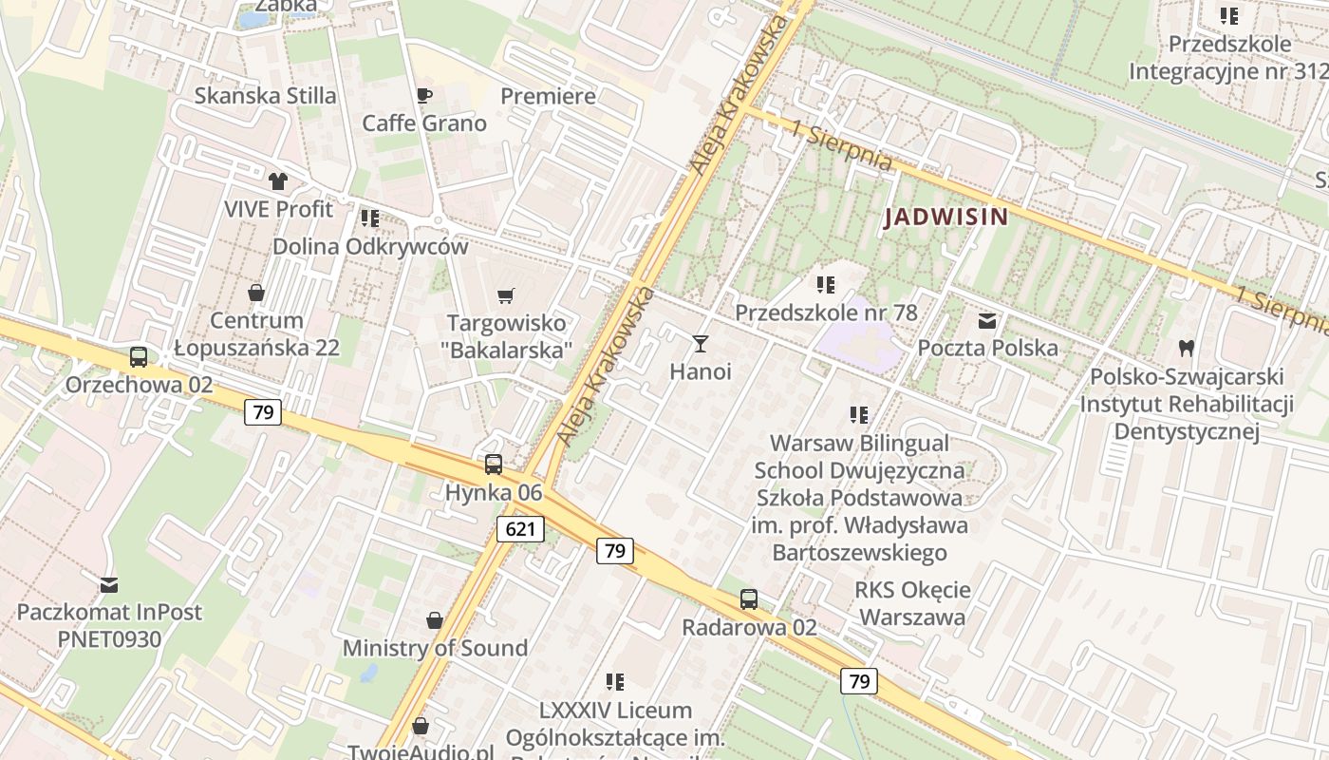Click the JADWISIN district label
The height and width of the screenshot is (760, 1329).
click(945, 218)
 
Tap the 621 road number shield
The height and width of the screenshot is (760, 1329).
click(520, 529)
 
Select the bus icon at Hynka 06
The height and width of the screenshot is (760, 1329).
click(494, 465)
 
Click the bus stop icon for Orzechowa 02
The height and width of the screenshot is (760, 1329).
click(139, 357)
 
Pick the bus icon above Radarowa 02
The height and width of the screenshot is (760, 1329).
click(749, 599)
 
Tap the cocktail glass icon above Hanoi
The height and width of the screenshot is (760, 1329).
click(701, 343)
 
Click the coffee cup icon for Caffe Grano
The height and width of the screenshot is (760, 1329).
click(424, 95)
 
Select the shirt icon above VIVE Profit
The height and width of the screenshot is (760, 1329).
click(277, 180)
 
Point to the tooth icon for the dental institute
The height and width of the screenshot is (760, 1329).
click(1186, 349)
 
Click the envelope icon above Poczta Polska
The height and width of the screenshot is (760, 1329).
click(987, 321)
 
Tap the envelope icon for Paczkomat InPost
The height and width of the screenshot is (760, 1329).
click(109, 584)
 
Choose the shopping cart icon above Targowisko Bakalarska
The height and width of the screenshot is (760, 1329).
click(506, 296)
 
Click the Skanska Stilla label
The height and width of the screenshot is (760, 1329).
click(265, 96)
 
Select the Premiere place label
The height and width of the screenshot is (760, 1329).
click(548, 96)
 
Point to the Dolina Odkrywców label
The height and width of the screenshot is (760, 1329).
click(370, 247)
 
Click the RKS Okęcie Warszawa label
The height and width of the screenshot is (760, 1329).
click(912, 603)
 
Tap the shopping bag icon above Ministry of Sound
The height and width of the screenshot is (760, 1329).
click(434, 620)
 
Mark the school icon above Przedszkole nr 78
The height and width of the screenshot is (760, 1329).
click(826, 284)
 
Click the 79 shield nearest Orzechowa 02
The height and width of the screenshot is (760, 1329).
click(263, 412)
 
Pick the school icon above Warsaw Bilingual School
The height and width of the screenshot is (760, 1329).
click(859, 414)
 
